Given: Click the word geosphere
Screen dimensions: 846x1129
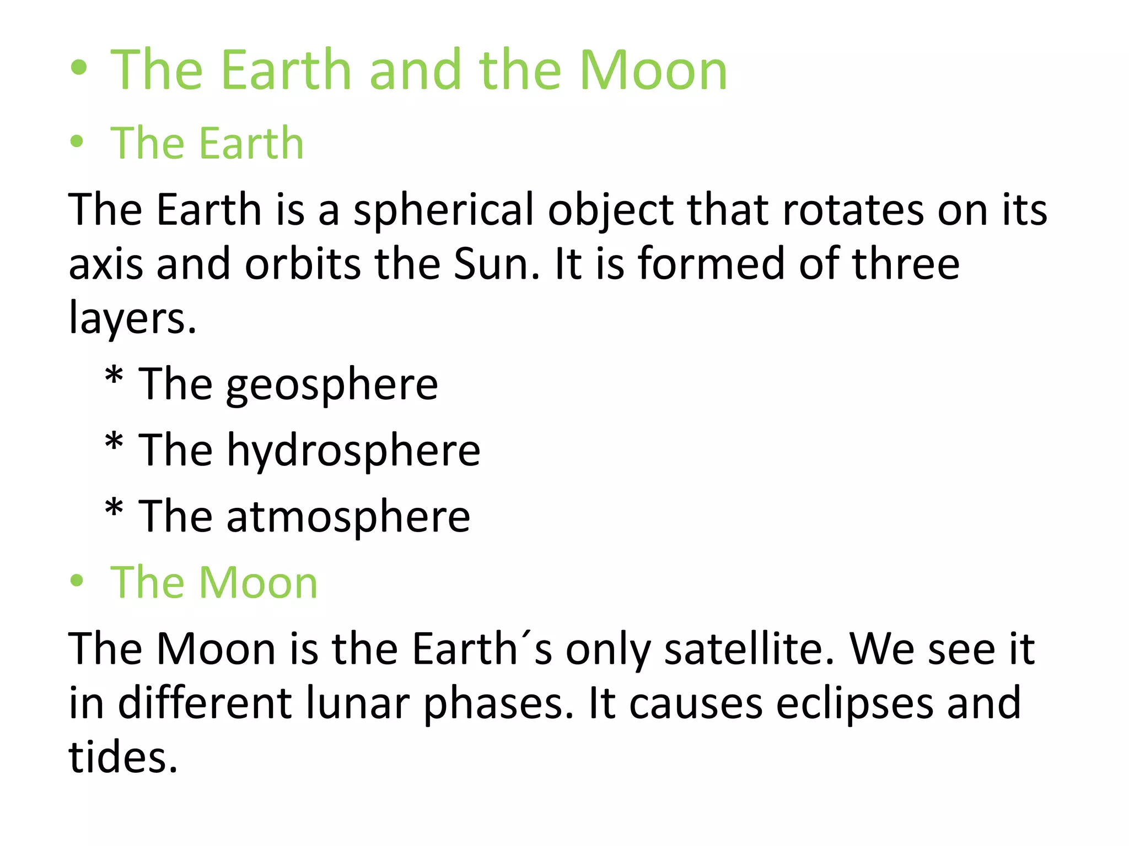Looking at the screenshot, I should point(332,385).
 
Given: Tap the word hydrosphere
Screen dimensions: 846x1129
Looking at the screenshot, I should point(353,451).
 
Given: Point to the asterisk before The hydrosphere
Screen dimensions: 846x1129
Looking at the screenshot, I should point(114,443).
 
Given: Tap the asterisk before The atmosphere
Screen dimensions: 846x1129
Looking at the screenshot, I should point(114,509).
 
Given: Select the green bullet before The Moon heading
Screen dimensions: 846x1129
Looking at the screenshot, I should point(77,581).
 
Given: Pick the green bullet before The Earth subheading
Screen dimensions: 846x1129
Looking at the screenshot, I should point(77,141).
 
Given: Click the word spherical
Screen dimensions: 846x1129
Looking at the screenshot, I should point(443,210).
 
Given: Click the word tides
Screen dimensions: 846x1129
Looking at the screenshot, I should point(123,757).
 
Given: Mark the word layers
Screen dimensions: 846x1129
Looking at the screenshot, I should point(132,318).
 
